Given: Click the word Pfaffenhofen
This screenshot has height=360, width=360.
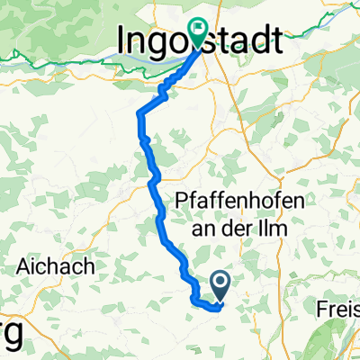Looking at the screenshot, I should click(238, 200).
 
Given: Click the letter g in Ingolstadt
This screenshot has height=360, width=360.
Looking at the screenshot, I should click(159, 42).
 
